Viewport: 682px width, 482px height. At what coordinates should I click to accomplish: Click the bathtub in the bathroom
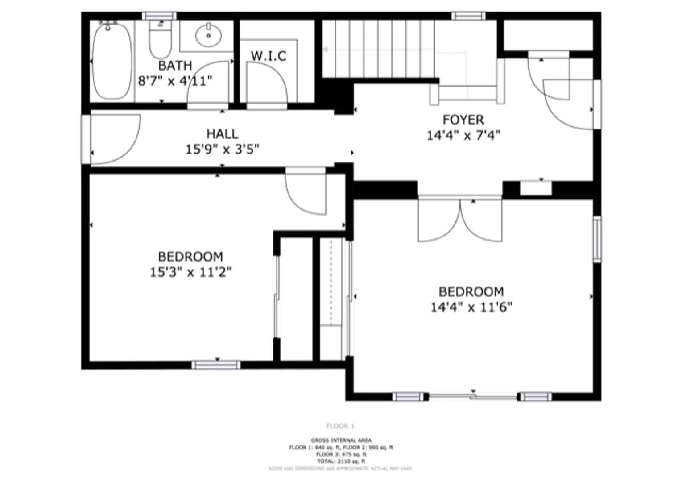112,61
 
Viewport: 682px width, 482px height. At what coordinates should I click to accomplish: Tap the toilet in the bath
160,40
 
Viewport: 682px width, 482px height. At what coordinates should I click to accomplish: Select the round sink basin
208,35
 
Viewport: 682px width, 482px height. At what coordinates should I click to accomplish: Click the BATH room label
175,66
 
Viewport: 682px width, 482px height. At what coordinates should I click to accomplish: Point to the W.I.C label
268,56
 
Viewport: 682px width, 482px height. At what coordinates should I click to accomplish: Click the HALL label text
222,134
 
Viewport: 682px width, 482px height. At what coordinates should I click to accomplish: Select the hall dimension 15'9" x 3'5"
222,149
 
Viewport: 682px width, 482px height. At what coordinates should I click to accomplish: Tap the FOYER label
463,120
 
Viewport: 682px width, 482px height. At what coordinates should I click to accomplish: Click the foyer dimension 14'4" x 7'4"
463,135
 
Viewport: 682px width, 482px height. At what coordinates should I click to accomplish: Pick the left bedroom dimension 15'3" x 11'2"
190,272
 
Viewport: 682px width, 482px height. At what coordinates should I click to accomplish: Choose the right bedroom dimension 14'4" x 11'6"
471,307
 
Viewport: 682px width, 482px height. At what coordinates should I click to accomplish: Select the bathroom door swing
208,85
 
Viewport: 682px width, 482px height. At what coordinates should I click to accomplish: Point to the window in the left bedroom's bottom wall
216,365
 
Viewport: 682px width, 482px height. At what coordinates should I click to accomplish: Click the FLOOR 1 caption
340,426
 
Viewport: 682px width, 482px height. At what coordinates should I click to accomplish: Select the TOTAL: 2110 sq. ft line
341,461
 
